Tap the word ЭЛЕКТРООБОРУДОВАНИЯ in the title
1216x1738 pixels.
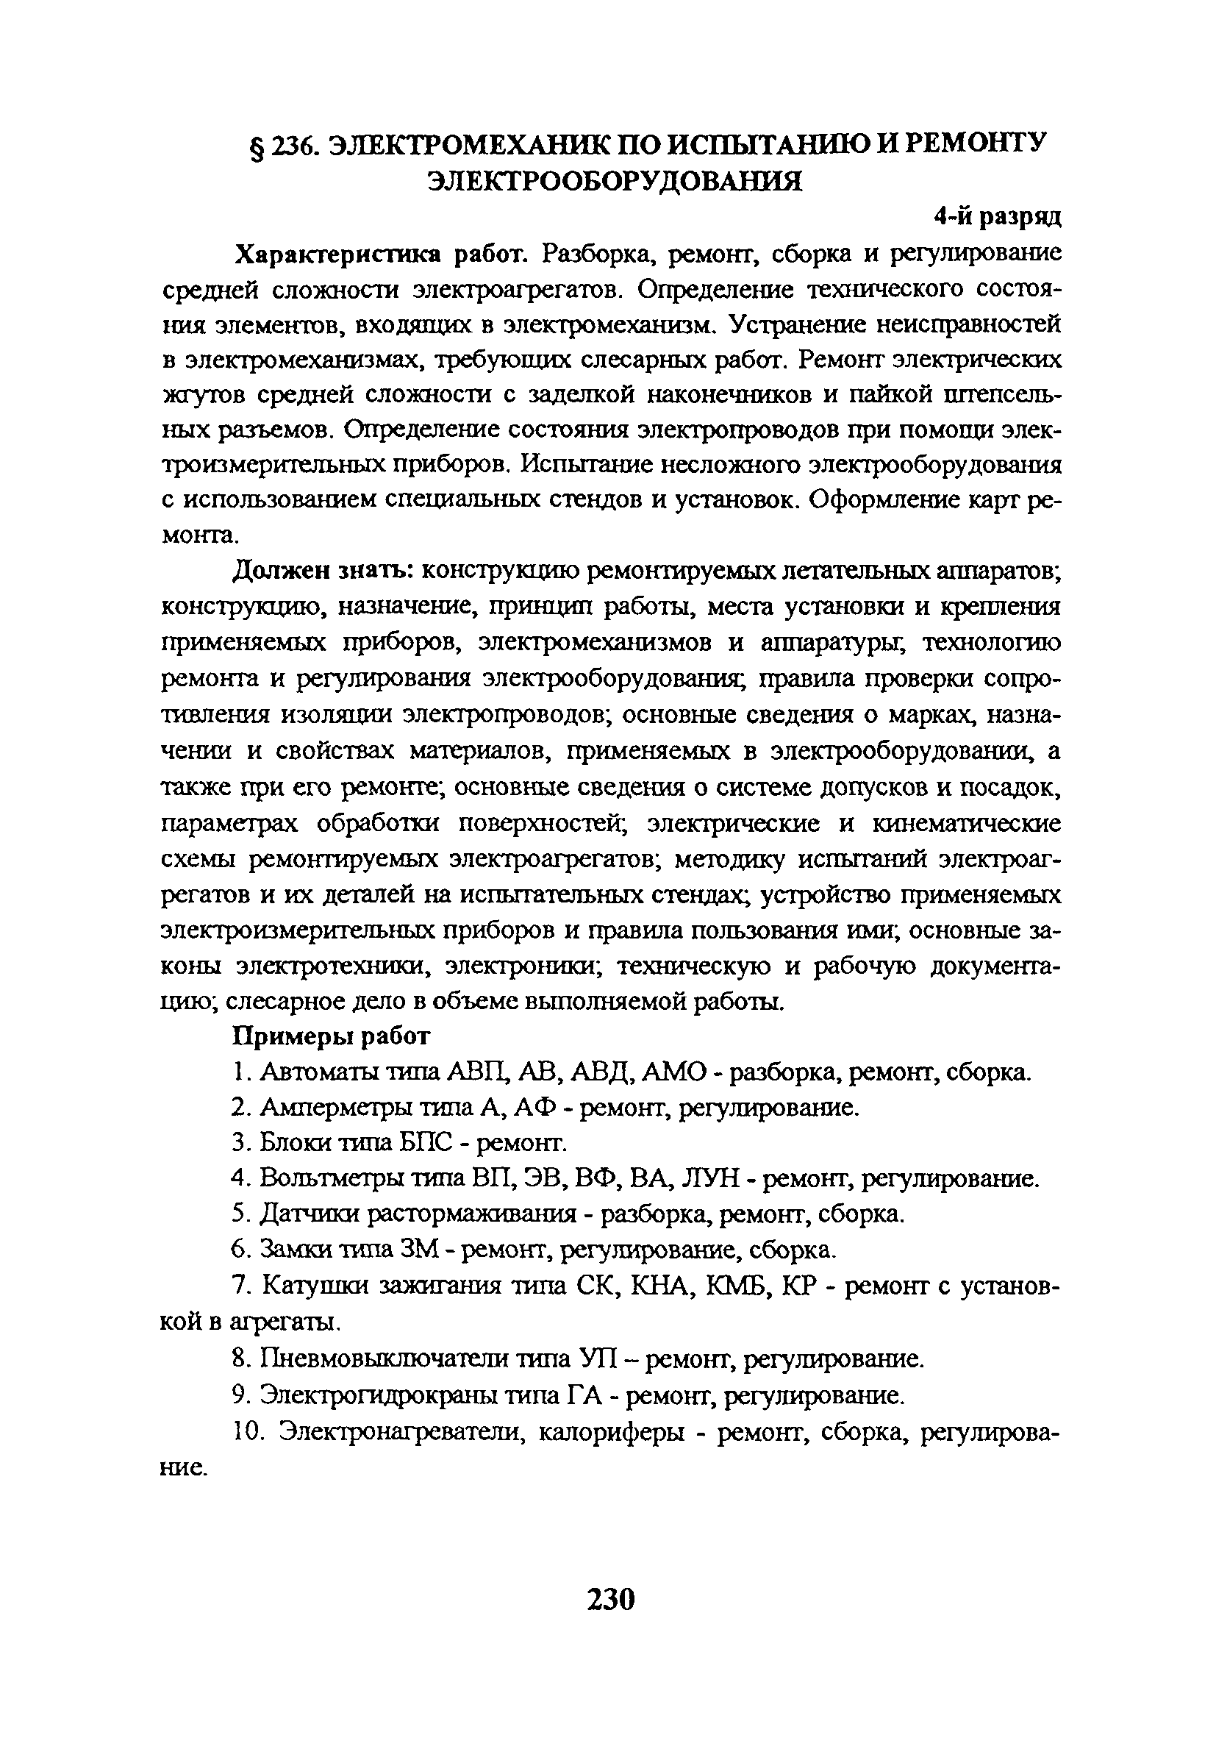pyautogui.click(x=615, y=181)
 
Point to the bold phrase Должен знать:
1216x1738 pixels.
pyautogui.click(x=321, y=570)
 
